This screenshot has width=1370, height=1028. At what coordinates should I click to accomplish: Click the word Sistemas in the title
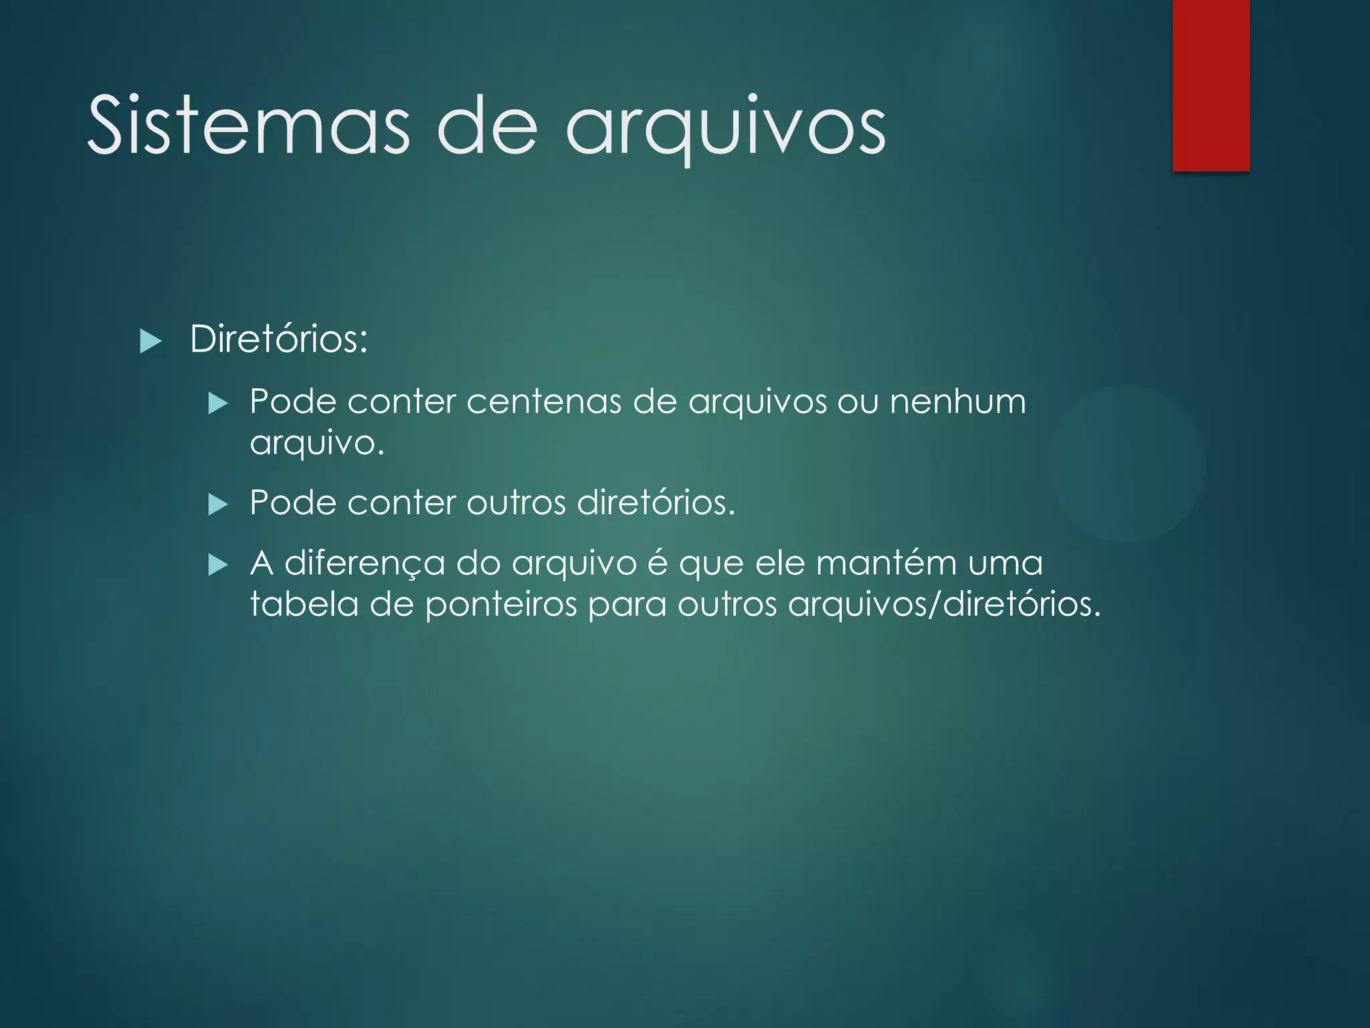[x=248, y=126]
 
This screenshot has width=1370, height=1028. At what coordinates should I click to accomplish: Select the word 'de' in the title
[x=487, y=126]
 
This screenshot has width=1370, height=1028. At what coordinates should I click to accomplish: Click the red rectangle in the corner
[x=1211, y=86]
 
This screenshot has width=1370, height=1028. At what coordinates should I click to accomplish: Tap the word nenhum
[x=957, y=402]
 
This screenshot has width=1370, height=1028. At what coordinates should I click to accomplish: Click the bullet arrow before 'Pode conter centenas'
[x=218, y=404]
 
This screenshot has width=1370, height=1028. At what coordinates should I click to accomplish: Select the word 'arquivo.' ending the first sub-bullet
[x=317, y=443]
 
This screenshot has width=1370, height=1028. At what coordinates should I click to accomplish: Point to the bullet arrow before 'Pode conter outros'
[x=218, y=504]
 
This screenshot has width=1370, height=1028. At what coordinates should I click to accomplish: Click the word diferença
[x=365, y=564]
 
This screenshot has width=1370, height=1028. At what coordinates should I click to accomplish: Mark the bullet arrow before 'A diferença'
[x=218, y=566]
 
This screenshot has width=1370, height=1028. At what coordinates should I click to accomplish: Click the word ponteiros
[x=501, y=605]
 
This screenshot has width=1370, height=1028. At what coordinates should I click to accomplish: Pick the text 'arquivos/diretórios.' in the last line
[x=944, y=604]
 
